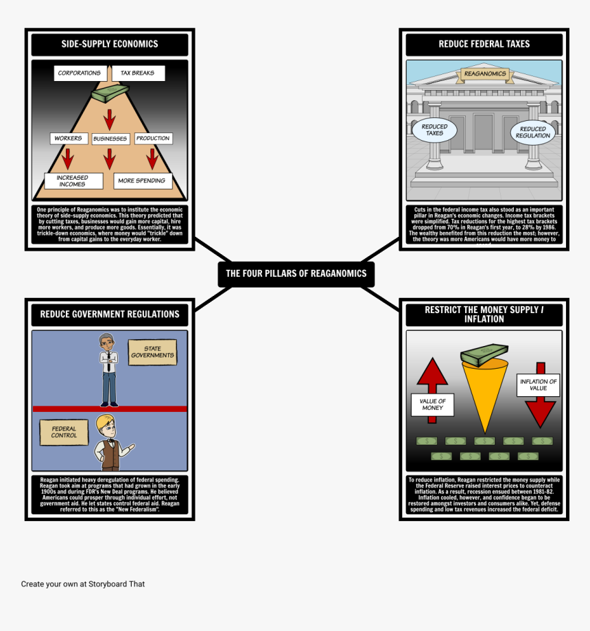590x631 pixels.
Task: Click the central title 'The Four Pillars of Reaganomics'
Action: coord(296,273)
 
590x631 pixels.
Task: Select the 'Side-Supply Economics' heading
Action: coord(110,44)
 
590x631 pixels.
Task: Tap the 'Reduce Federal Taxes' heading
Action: coord(484,44)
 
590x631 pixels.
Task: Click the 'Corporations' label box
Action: coord(79,73)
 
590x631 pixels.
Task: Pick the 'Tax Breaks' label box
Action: coord(137,73)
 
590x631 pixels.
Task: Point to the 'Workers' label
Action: coord(68,138)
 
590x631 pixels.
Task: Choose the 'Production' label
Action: coord(152,138)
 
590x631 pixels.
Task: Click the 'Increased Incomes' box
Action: coord(73,181)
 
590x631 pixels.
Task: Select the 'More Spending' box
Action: coord(141,181)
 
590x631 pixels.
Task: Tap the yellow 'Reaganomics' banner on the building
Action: coord(484,73)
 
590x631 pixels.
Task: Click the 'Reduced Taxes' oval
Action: coord(434,130)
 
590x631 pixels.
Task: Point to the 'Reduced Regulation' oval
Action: coord(533,132)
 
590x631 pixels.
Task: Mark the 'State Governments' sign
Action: coord(152,352)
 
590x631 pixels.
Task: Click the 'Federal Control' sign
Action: coord(64,432)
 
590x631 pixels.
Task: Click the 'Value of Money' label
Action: coord(432,404)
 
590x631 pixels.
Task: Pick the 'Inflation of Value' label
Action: coord(538,385)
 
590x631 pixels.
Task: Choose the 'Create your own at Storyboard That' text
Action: coord(83,584)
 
